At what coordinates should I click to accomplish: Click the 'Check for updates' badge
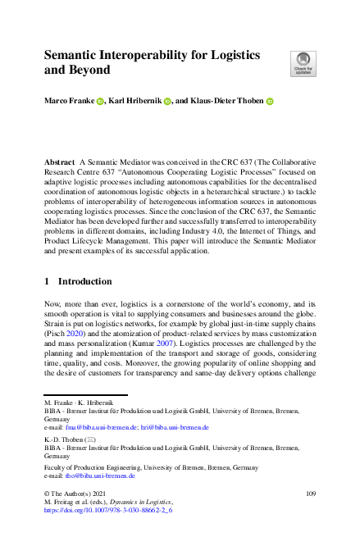point(302,61)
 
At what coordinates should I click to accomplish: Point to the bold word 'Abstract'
point(59,164)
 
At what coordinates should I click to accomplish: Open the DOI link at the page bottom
point(107,509)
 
